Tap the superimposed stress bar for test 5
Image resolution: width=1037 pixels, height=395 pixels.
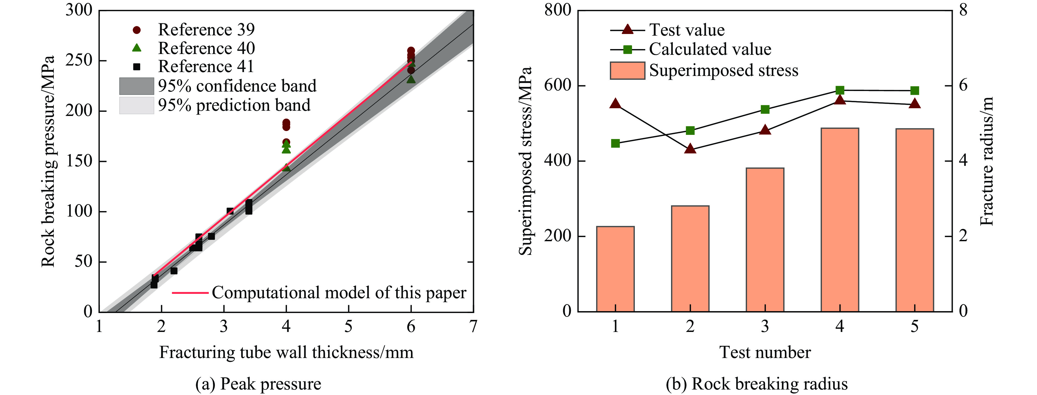pos(915,220)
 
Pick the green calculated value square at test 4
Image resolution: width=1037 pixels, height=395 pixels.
pos(840,90)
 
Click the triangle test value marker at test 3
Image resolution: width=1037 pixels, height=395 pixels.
pos(765,130)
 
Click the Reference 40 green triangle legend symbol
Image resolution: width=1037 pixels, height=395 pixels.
pos(137,48)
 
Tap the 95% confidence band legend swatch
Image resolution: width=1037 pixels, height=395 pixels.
pos(136,86)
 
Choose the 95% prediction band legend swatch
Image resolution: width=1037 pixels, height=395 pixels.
pos(136,105)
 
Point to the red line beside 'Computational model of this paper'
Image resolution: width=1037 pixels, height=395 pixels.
pos(190,293)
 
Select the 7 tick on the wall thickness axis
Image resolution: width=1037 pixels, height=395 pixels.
pos(473,326)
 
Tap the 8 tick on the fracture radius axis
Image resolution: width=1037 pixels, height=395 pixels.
pos(963,10)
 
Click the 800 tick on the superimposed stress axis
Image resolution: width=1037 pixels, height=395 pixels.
pos(557,10)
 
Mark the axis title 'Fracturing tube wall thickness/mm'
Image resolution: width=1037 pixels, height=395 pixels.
pos(286,352)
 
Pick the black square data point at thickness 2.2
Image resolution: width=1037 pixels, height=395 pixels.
pos(174,271)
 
